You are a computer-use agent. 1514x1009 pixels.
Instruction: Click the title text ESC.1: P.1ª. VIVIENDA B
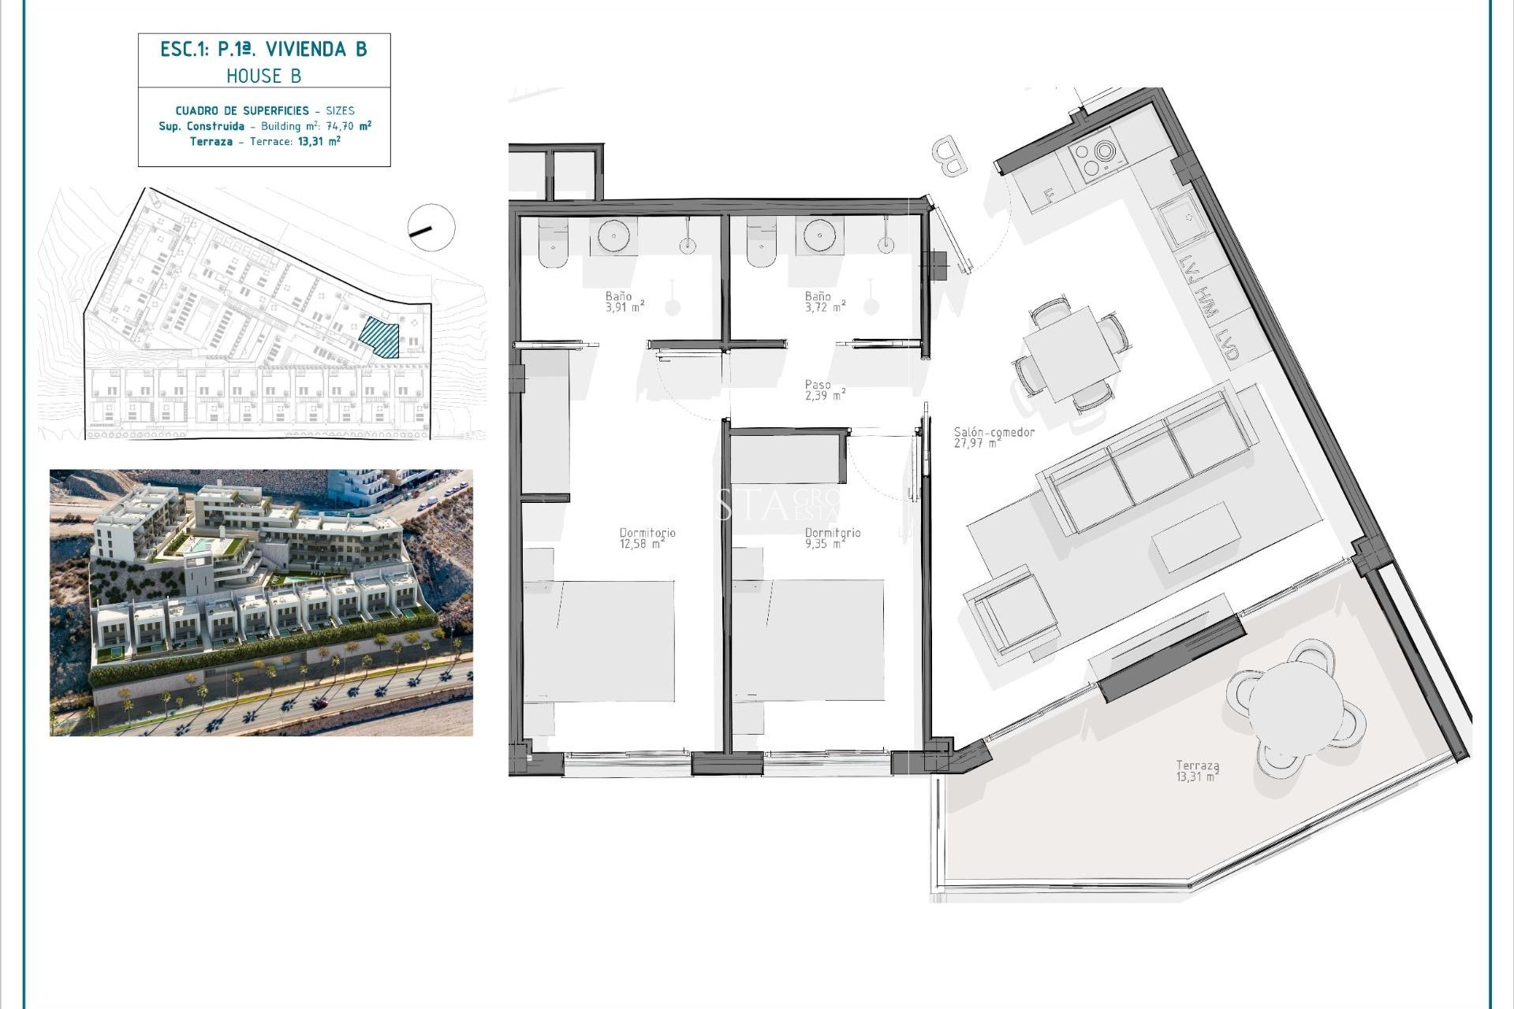tap(263, 50)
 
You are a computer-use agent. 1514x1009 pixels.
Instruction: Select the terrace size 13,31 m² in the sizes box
tap(319, 142)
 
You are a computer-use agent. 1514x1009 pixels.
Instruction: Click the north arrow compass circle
tap(431, 228)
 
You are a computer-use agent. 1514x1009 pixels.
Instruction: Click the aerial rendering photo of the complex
tap(261, 603)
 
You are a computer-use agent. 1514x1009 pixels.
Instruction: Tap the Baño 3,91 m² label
tap(625, 302)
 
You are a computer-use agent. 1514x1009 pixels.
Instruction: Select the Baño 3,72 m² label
tap(825, 302)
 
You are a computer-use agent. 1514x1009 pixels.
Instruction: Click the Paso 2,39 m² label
tap(824, 390)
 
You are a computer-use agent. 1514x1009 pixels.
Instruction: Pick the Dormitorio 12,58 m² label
tap(647, 538)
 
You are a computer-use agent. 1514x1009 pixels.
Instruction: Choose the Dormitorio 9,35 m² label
tap(832, 538)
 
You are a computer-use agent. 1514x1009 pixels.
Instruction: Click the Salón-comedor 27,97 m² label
tap(993, 437)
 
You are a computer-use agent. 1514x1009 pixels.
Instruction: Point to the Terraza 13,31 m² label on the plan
tap(1197, 770)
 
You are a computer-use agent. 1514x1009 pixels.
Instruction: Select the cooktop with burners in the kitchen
tap(1097, 158)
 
